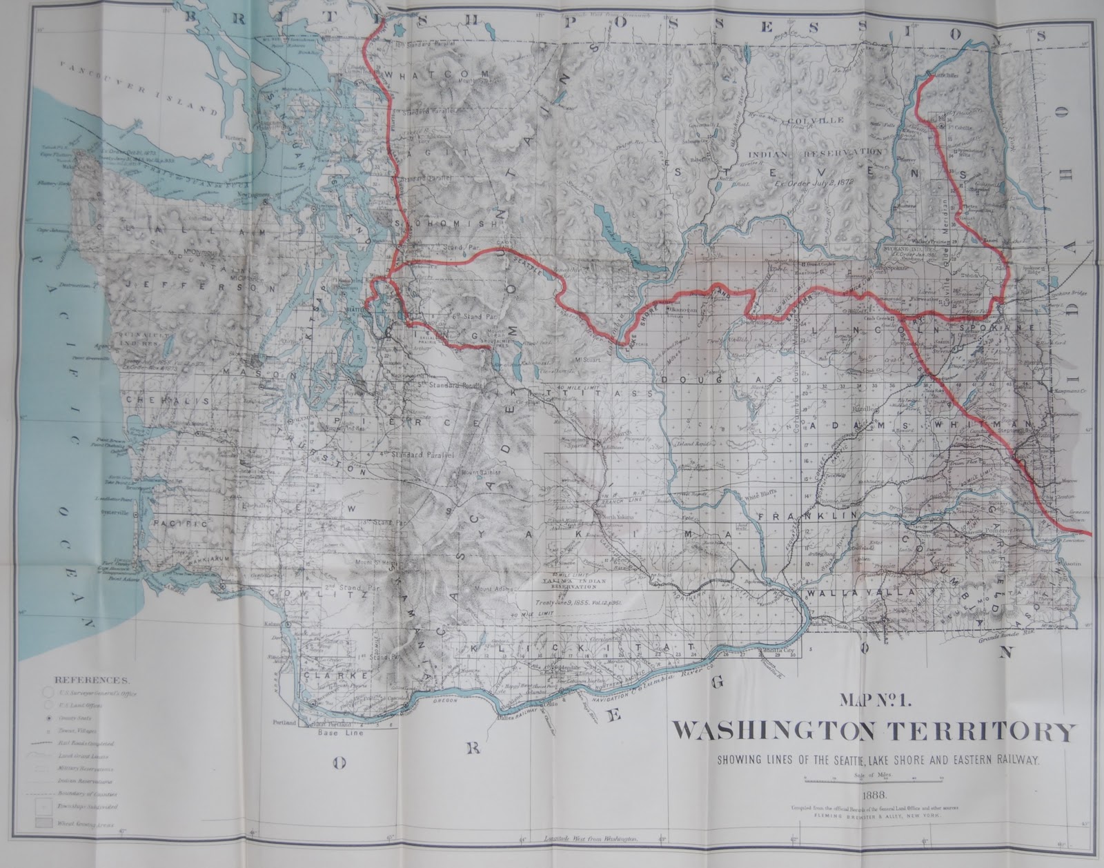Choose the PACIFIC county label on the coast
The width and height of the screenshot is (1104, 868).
click(x=181, y=524)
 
